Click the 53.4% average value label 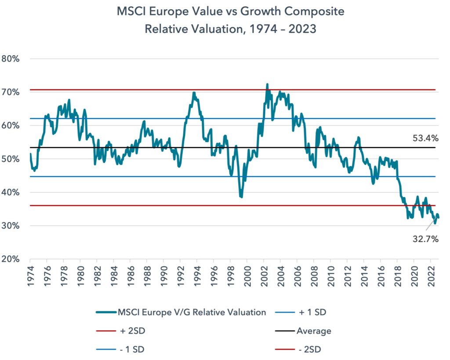point(425,138)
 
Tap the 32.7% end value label point(425,239)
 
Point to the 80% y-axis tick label point(11,59)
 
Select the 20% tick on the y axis point(11,259)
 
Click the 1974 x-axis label point(31,276)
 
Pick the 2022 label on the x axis point(432,276)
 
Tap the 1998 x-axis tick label point(231,276)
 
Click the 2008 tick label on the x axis point(315,276)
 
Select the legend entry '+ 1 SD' point(301,312)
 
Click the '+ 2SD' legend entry point(120,331)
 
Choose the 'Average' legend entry point(303,331)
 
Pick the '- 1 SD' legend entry point(120,349)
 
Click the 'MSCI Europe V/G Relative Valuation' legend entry point(181,312)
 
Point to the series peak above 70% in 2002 point(267,84)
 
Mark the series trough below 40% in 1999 point(241,197)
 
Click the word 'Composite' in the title point(314,12)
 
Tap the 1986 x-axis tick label point(131,276)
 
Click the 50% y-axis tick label point(11,159)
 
